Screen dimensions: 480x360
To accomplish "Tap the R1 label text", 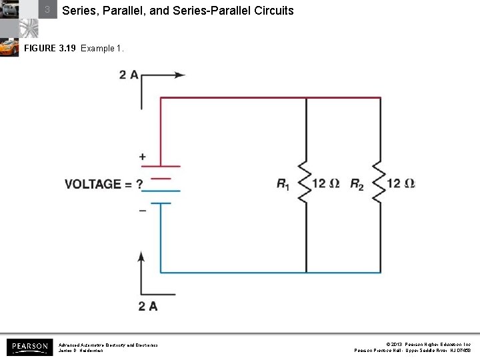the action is pyautogui.click(x=283, y=184).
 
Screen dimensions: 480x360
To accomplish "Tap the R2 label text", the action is pyautogui.click(x=357, y=184).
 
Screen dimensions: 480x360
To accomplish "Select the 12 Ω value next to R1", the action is pyautogui.click(x=327, y=183).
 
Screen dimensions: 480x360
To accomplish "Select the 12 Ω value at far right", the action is pyautogui.click(x=401, y=183).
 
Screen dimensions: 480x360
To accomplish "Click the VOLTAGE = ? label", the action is pyautogui.click(x=103, y=184).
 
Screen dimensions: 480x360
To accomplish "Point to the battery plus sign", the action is pyautogui.click(x=143, y=157).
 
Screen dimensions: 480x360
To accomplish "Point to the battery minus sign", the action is pyautogui.click(x=143, y=210).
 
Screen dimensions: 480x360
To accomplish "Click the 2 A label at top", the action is pyautogui.click(x=129, y=75).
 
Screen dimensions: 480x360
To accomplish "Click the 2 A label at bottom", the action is pyautogui.click(x=148, y=306).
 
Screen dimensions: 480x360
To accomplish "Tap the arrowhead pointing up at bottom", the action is pyautogui.click(x=141, y=257).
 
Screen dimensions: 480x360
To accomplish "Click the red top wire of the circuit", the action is pyautogui.click(x=267, y=98).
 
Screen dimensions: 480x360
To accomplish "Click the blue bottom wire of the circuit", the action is pyautogui.click(x=267, y=272).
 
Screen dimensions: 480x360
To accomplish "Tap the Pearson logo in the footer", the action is pyautogui.click(x=29, y=347).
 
